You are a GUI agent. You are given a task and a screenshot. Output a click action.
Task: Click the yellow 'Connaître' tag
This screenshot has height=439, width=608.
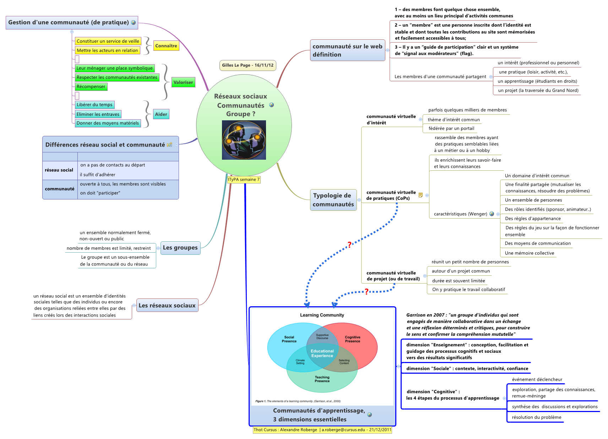pyautogui.click(x=166, y=46)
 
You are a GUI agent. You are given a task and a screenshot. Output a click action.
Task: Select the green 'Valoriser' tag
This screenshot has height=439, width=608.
pyautogui.click(x=183, y=82)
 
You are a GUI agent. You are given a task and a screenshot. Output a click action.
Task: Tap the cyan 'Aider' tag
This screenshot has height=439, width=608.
pyautogui.click(x=161, y=114)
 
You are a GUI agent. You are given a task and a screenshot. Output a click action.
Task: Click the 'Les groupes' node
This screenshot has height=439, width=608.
pyautogui.click(x=180, y=248)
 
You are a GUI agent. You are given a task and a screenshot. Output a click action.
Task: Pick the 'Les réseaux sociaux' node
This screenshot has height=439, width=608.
pyautogui.click(x=167, y=306)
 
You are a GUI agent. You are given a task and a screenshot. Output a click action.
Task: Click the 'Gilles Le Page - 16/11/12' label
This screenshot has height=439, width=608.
pyautogui.click(x=248, y=65)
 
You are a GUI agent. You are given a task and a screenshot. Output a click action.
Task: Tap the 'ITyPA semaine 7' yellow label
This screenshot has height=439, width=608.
pyautogui.click(x=244, y=180)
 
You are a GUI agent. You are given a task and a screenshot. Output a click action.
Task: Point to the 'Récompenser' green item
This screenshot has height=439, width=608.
pyautogui.click(x=91, y=87)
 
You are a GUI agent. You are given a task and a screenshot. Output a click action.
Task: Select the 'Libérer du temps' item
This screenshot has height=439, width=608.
pyautogui.click(x=94, y=105)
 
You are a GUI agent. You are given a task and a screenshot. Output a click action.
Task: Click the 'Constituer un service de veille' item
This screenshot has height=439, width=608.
pyautogui.click(x=108, y=41)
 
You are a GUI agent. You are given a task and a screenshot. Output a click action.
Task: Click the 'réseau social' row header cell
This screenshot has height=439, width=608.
pyautogui.click(x=59, y=170)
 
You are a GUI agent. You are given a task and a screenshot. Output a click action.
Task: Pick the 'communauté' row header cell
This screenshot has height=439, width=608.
pyautogui.click(x=60, y=189)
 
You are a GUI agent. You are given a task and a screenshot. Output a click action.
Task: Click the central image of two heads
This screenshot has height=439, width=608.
pyautogui.click(x=244, y=140)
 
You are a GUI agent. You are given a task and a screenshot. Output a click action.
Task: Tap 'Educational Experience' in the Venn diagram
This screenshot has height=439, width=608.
pyautogui.click(x=322, y=353)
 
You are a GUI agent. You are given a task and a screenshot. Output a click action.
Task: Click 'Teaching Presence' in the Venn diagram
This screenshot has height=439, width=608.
pyautogui.click(x=322, y=379)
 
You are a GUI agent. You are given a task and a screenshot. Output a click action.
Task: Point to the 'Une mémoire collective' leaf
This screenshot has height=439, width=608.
pyautogui.click(x=529, y=253)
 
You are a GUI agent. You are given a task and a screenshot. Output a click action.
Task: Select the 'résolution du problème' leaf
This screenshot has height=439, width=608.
pyautogui.click(x=536, y=417)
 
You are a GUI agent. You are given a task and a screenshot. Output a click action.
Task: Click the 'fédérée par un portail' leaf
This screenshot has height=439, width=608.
pyautogui.click(x=451, y=128)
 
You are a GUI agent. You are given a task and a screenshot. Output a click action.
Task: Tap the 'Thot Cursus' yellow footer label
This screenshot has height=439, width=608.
pyautogui.click(x=322, y=430)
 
